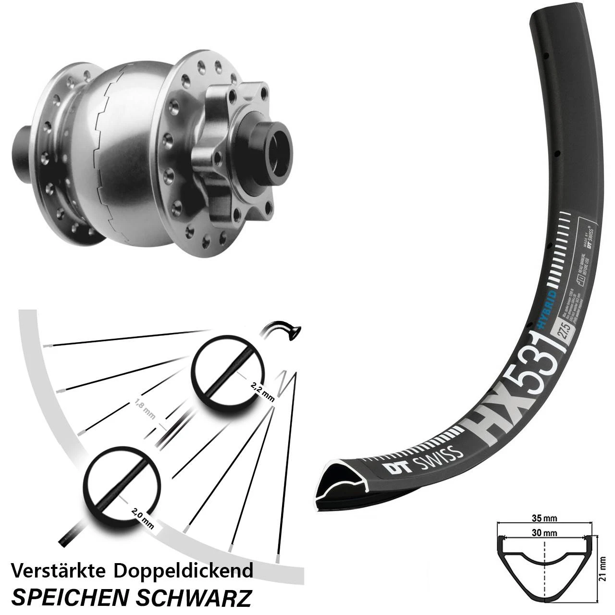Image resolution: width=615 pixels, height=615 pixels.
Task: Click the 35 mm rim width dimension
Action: tap(544, 518)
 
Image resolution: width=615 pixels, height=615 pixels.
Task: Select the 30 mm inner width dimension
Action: tap(544, 532)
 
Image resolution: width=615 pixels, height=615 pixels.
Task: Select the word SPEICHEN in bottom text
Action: tap(70, 597)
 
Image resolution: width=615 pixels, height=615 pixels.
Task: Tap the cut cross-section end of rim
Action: tap(341, 485)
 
